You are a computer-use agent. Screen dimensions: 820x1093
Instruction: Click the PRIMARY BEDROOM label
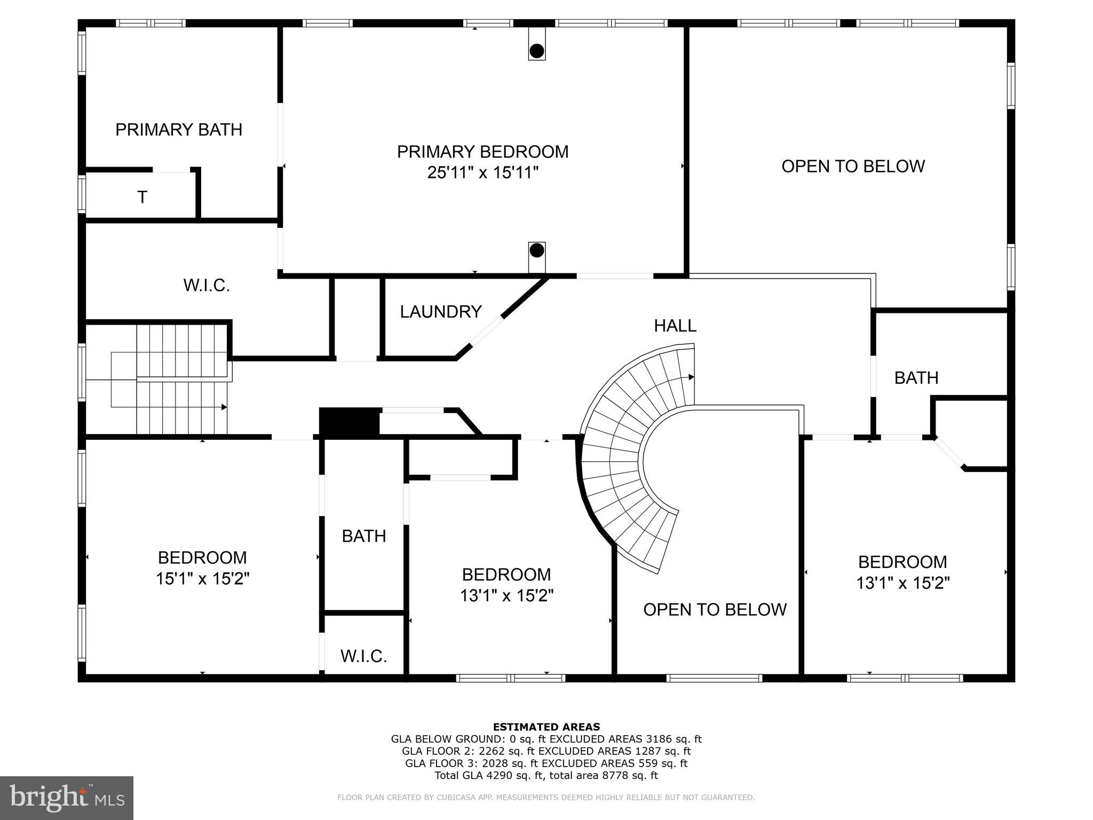coord(482,152)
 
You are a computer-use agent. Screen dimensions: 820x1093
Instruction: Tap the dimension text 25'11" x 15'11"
coord(482,173)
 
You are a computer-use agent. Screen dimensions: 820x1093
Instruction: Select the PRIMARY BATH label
coord(179,130)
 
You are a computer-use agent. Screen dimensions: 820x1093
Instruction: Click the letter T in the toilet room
coord(142,198)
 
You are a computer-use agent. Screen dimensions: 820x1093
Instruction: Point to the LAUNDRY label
coord(441,312)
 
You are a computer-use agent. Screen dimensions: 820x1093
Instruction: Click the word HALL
coord(675,326)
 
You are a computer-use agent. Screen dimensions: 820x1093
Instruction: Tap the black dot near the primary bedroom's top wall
coord(537,51)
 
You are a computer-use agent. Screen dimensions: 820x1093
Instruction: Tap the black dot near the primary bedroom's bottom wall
coord(537,250)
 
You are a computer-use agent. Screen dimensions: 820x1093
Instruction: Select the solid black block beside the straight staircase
coord(350,422)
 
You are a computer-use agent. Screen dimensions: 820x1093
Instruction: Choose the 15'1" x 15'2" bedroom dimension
coord(203,579)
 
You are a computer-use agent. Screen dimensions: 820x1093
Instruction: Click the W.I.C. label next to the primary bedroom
coord(207,286)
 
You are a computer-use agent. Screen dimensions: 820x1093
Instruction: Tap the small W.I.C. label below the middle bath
coord(363,656)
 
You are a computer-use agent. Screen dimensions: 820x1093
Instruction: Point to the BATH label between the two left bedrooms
coord(364,536)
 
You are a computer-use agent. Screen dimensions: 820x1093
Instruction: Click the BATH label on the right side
coord(916,378)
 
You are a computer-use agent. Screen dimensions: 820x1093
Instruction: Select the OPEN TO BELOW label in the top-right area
coord(853,167)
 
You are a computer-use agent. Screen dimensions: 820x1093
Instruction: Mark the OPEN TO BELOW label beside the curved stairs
coord(715,610)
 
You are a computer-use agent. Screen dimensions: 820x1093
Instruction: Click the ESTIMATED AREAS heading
coord(546,727)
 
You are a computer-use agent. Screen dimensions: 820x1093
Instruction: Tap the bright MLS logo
coord(67,798)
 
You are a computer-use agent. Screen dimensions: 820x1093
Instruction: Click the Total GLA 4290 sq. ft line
coord(546,776)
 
